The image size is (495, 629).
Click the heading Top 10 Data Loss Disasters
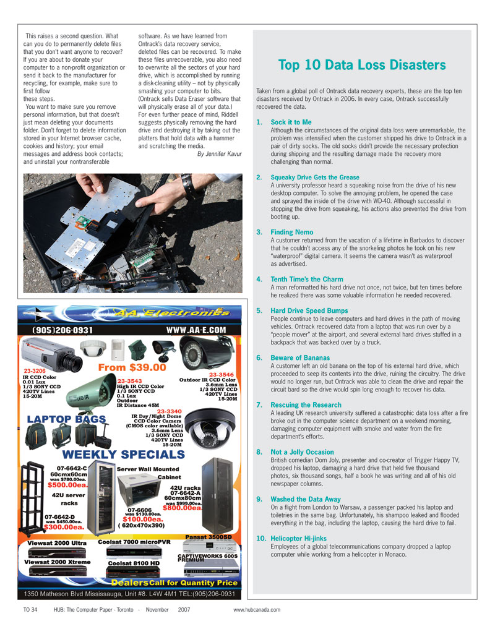click(362, 65)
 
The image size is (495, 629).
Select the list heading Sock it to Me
click(291, 122)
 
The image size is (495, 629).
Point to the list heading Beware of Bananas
click(300, 357)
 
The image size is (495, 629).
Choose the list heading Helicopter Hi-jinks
click(299, 539)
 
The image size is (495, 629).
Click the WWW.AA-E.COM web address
click(196, 330)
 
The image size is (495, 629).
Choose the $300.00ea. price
click(64, 528)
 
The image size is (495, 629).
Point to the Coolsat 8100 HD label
click(134, 563)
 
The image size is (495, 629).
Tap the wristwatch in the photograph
click(187, 186)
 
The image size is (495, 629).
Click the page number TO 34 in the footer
click(30, 610)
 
